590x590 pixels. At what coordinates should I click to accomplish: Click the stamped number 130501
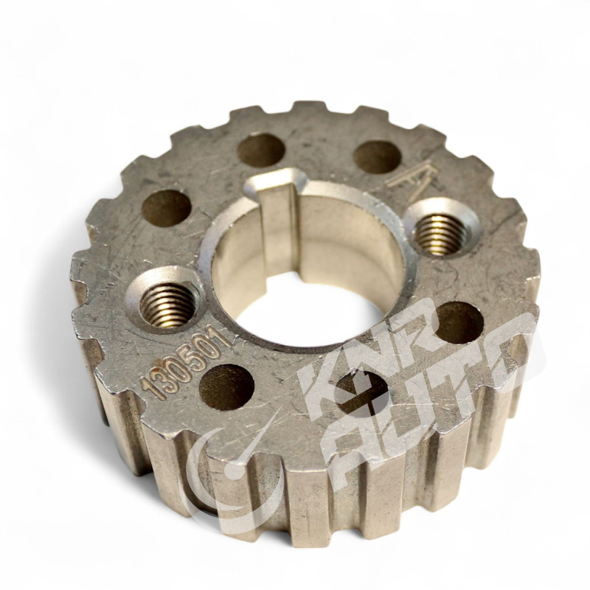coord(187,363)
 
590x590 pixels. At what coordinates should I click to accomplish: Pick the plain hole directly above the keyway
coord(261,150)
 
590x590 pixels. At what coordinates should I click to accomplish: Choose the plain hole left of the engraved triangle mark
coord(377,157)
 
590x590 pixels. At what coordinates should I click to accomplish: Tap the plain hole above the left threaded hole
coord(167,208)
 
